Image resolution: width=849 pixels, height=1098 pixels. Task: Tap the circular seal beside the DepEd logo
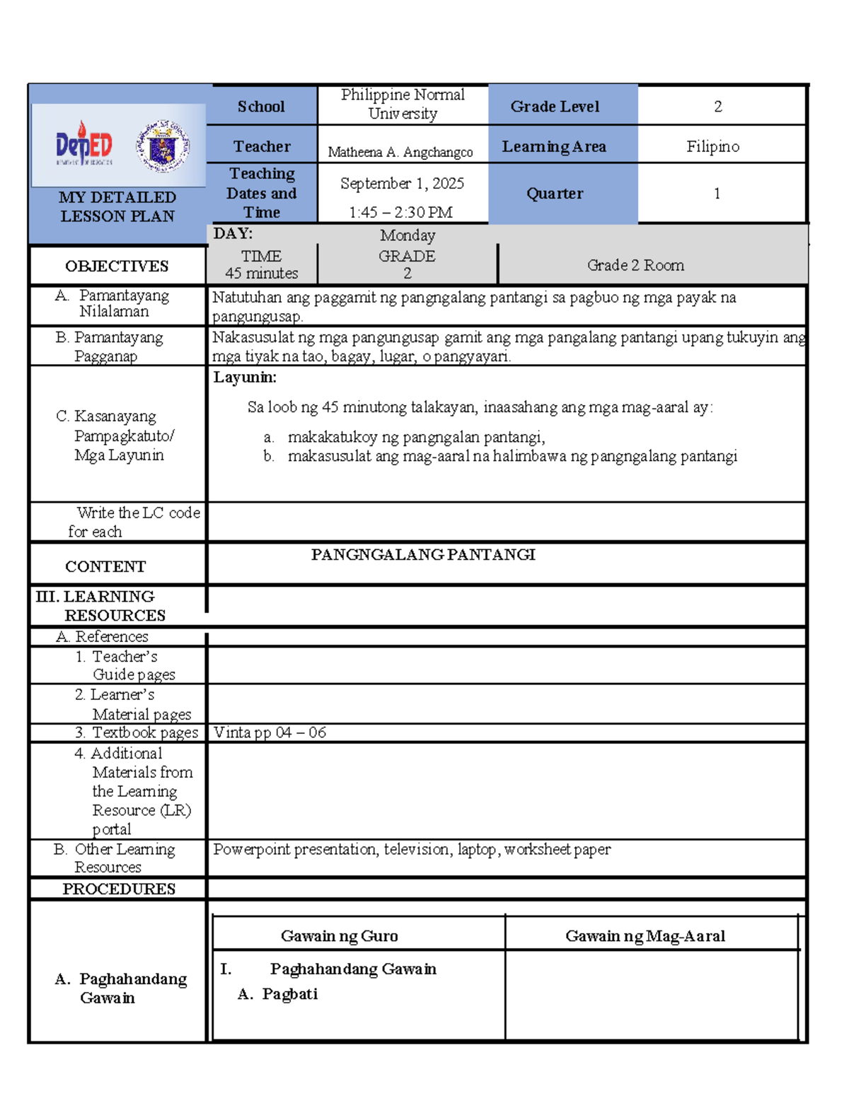tap(163, 146)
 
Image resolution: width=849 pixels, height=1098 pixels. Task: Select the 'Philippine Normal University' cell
tap(403, 104)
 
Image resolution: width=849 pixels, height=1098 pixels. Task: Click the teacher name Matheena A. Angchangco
tap(400, 152)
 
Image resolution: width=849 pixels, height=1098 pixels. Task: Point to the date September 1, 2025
tap(402, 184)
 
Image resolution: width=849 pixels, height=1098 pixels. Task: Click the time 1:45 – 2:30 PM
tap(400, 212)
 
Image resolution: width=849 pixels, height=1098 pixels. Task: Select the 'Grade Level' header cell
tap(555, 107)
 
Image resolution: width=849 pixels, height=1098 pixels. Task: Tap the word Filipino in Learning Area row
tap(712, 146)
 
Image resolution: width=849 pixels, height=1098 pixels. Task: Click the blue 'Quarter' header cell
tap(555, 194)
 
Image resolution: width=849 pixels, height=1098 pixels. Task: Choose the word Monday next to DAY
tap(408, 235)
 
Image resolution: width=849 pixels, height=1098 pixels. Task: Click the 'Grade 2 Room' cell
tap(635, 265)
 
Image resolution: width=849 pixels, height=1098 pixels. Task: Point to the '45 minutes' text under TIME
tap(261, 274)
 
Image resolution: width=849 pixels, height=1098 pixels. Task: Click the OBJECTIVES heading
tap(117, 267)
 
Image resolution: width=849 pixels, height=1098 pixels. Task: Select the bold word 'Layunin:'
tap(245, 378)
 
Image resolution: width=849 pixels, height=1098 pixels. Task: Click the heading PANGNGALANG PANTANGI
tap(423, 555)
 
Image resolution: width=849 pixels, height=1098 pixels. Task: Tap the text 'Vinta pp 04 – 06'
tap(270, 732)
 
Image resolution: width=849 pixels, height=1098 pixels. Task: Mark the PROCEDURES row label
tap(119, 889)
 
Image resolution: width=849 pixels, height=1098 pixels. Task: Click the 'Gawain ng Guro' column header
tap(340, 936)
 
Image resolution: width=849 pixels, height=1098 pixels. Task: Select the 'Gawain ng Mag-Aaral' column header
tap(645, 936)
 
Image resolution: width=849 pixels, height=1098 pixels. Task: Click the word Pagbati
tap(289, 994)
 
